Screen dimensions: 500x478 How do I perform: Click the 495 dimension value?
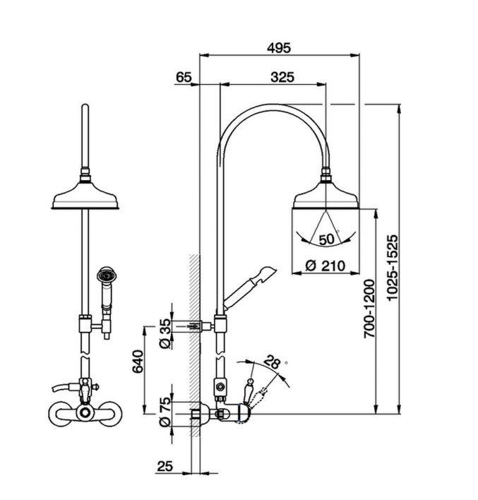(279, 47)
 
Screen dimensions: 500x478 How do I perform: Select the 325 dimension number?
(282, 78)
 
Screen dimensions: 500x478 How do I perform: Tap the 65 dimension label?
(183, 78)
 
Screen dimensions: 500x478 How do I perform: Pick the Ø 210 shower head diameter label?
(325, 266)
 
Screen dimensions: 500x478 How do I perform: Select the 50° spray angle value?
(326, 239)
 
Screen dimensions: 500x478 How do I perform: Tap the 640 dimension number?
(139, 362)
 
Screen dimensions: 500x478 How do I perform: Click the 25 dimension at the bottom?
(164, 466)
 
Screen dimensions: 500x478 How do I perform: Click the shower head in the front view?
(85, 197)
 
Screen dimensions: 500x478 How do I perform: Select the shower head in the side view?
(325, 197)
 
